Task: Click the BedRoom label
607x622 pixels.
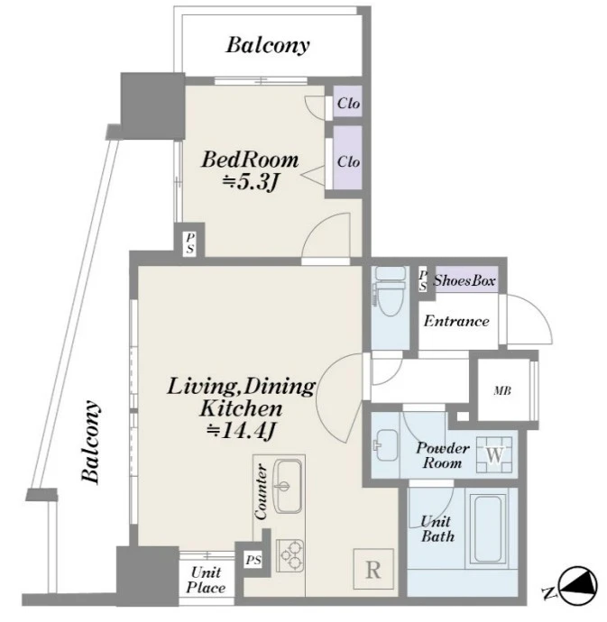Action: tap(250, 160)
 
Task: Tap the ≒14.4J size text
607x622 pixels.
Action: tap(241, 431)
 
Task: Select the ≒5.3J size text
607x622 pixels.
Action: tap(249, 182)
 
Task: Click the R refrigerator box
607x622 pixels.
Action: tap(373, 569)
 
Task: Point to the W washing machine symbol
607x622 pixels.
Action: tap(494, 454)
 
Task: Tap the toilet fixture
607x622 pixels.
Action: tap(391, 291)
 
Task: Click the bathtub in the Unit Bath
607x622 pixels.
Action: tap(488, 529)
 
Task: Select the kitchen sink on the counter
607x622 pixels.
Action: tap(288, 486)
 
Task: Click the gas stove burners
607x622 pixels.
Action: tap(290, 556)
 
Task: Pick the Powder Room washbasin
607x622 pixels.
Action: tap(386, 445)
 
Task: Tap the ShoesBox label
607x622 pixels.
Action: tap(464, 281)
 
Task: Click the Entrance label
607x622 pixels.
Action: tap(456, 321)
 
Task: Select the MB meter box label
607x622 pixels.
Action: tap(502, 391)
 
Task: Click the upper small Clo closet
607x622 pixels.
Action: tap(348, 102)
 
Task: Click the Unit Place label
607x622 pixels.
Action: tap(206, 580)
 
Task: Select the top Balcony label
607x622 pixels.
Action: tap(268, 45)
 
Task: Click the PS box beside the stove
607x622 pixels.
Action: tap(253, 560)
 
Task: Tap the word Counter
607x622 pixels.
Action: tap(261, 492)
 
